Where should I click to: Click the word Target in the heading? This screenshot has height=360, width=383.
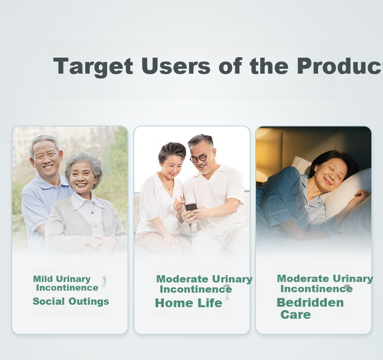tap(93, 67)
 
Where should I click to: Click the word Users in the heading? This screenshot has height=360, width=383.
tap(176, 66)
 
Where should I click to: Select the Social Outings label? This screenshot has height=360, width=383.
tap(71, 301)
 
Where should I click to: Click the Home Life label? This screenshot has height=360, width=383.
tap(189, 303)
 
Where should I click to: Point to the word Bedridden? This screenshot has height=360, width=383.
tap(310, 302)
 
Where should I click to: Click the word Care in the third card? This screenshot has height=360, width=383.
tap(296, 314)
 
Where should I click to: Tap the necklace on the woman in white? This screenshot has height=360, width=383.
tap(167, 183)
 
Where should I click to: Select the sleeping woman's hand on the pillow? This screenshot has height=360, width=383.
tap(362, 195)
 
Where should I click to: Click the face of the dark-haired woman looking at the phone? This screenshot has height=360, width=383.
tap(173, 167)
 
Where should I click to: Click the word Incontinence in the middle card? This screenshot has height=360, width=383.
tap(196, 289)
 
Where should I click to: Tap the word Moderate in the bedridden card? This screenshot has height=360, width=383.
tap(303, 279)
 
